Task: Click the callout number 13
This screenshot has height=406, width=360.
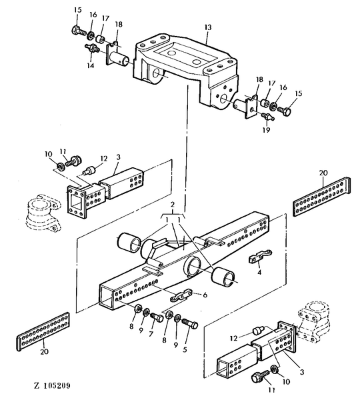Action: point(208,27)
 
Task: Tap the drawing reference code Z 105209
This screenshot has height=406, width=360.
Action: point(52,385)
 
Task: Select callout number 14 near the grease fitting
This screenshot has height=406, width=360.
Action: point(90,65)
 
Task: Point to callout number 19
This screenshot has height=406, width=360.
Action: point(266,129)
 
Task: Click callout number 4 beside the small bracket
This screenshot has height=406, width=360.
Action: point(259,272)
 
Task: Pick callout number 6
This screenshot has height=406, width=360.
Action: point(205,295)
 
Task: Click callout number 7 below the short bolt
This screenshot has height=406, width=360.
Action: point(151,334)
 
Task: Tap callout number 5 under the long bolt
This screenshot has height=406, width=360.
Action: point(185,349)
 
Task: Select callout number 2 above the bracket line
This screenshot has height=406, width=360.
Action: point(173,205)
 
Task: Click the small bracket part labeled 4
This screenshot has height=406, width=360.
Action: point(260,256)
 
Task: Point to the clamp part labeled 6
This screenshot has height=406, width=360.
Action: point(181,295)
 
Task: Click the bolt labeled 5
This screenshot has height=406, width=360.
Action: point(190,323)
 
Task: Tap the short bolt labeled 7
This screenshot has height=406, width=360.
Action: point(157,317)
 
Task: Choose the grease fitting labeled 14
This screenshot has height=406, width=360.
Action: point(92,48)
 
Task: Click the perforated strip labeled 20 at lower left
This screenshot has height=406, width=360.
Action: point(43,332)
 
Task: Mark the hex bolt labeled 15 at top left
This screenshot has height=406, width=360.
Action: point(79,31)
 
